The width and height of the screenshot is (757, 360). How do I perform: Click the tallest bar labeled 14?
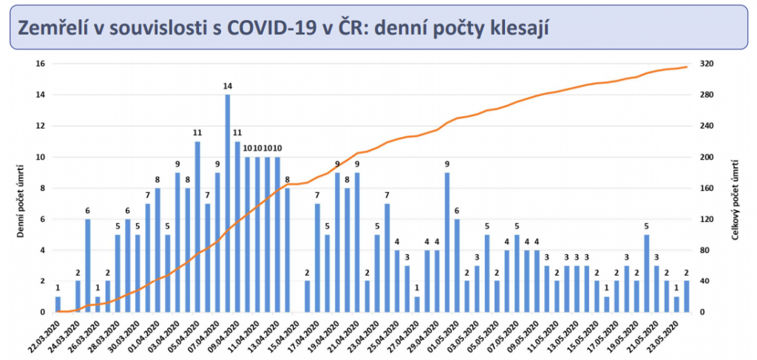(x=228, y=203)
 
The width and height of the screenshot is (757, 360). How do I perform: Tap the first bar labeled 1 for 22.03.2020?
(x=58, y=304)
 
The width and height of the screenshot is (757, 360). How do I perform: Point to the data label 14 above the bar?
(x=228, y=86)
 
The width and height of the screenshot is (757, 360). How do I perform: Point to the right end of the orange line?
(x=687, y=67)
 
